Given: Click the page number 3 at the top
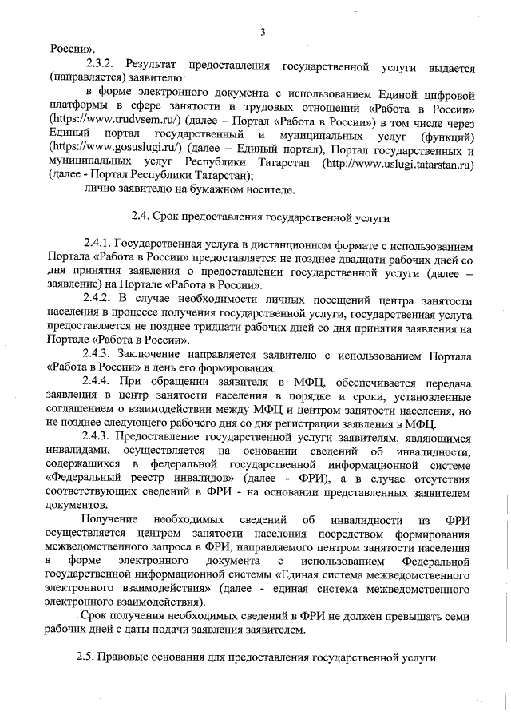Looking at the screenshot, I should pyautogui.click(x=261, y=33).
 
